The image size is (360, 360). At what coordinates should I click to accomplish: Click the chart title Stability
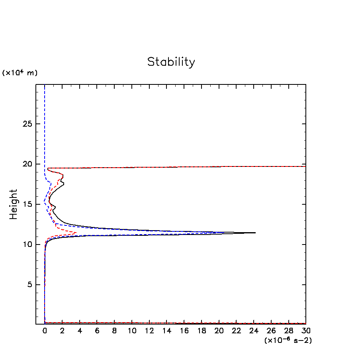[x=171, y=62]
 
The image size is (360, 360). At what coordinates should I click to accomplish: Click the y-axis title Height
[x=14, y=204]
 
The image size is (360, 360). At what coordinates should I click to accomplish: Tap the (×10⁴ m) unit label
[x=20, y=73]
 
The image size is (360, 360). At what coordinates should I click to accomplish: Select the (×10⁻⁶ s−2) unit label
[x=288, y=340]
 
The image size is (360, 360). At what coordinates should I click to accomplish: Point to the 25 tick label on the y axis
[x=27, y=124]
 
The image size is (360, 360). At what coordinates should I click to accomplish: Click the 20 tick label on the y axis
[x=27, y=164]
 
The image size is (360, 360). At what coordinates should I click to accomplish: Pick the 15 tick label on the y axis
[x=27, y=204]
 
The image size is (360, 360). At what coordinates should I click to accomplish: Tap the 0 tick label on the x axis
[x=45, y=331]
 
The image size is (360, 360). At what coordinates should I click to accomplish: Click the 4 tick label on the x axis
[x=80, y=331]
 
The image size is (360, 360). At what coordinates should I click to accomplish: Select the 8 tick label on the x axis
[x=114, y=331]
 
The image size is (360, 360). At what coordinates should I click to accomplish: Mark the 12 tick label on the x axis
[x=149, y=331]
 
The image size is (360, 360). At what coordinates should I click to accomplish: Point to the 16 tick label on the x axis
[x=184, y=331]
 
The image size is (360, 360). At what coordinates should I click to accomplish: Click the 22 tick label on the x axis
[x=237, y=331]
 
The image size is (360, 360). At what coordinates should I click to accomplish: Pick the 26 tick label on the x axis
[x=271, y=331]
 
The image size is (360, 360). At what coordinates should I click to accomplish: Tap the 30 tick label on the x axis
[x=306, y=331]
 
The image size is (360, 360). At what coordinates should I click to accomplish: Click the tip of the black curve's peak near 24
[x=255, y=233]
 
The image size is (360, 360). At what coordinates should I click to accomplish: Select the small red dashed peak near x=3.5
[x=76, y=233]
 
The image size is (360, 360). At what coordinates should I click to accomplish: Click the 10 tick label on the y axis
[x=27, y=245]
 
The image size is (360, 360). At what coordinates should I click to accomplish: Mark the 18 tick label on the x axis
[x=202, y=331]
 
